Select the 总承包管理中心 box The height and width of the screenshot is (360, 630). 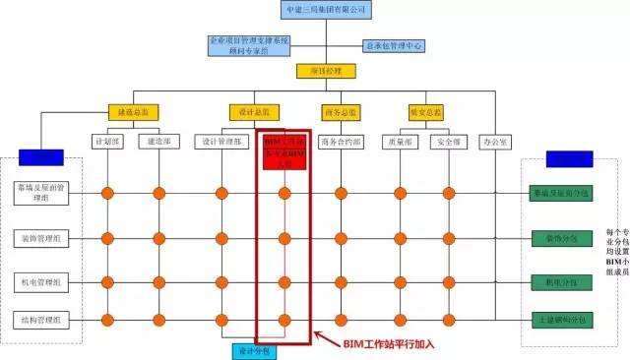tap(394, 45)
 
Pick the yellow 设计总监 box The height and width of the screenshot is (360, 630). tap(254, 111)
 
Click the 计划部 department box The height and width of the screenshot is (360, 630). tap(107, 142)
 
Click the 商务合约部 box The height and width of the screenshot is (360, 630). tap(342, 142)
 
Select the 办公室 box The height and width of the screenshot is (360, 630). tap(497, 142)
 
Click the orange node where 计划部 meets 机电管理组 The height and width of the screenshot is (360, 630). tap(107, 280)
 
